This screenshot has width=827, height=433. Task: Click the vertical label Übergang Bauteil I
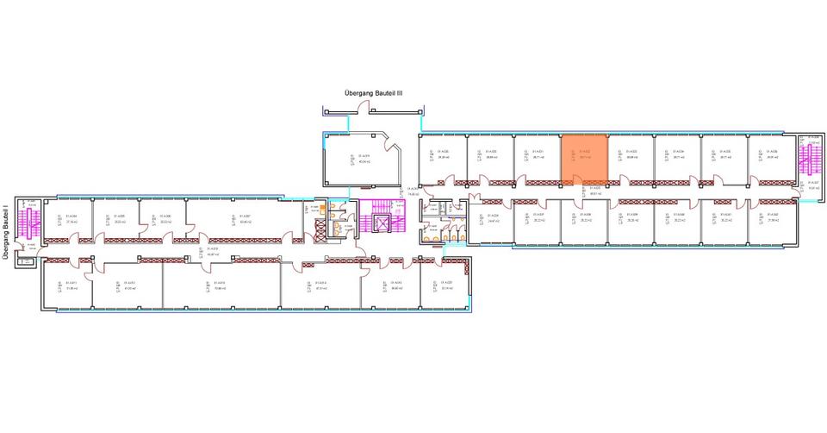7,230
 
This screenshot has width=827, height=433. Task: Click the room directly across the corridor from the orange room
584,223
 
